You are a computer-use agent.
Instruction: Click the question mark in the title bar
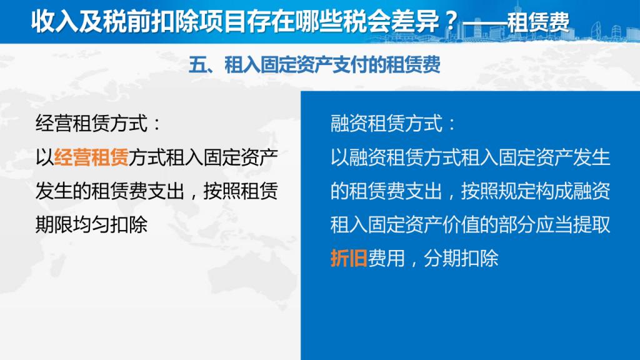point(451,21)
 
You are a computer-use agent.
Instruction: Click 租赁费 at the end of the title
point(538,21)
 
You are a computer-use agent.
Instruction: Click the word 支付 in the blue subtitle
point(350,65)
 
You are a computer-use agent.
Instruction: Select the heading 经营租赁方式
point(91,123)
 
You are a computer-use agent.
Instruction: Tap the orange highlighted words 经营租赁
point(91,157)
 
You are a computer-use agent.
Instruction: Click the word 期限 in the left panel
point(54,224)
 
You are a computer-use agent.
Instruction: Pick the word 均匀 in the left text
point(91,224)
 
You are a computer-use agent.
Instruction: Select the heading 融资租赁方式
point(386,123)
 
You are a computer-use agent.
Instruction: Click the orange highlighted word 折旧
point(349,258)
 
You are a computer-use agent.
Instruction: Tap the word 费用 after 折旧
point(386,258)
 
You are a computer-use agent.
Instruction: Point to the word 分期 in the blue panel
point(442,258)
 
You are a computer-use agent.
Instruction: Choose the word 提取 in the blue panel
point(591,224)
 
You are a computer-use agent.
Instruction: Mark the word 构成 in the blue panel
point(554,191)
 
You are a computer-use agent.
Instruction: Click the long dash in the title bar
point(484,22)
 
